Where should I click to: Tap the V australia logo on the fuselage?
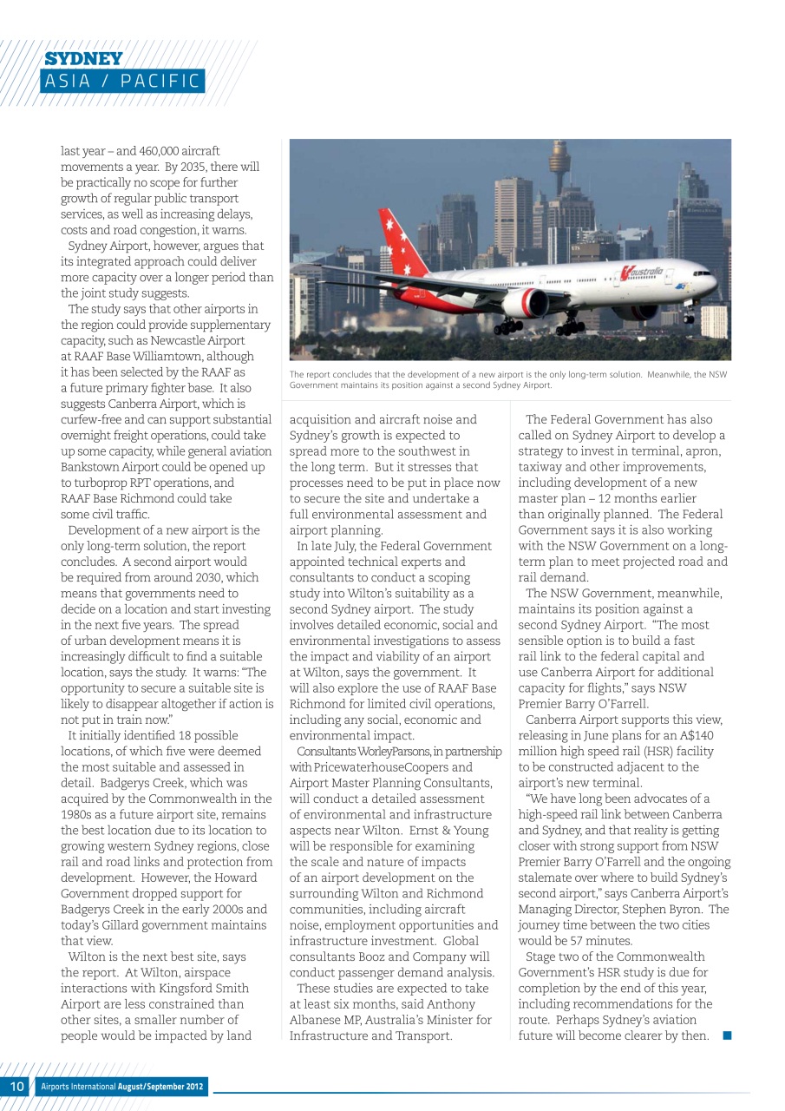coord(642,273)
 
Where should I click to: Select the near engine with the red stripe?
coord(526,303)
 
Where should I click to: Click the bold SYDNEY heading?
coord(83,59)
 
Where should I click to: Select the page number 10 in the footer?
coord(16,1087)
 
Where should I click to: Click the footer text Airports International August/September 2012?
coord(122,1087)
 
